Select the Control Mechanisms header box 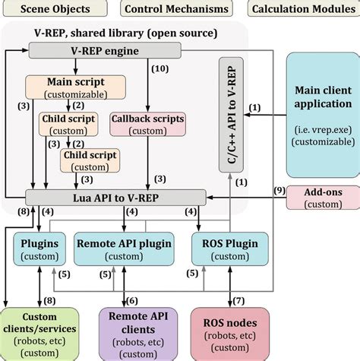(175, 10)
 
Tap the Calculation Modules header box (303, 10)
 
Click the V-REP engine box (105, 51)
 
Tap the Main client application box (322, 115)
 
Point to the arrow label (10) (159, 68)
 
